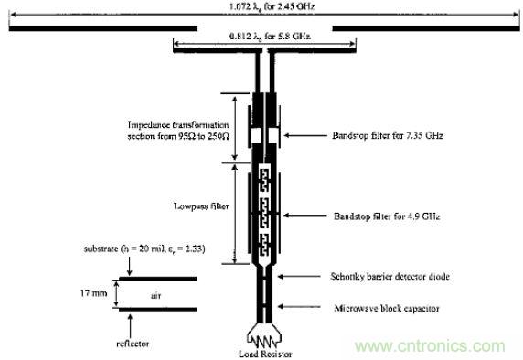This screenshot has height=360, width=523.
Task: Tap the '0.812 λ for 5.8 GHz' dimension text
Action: [x=262, y=37]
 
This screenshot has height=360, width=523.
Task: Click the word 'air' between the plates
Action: [x=155, y=294]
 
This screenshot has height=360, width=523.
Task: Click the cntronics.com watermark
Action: [x=436, y=345]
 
